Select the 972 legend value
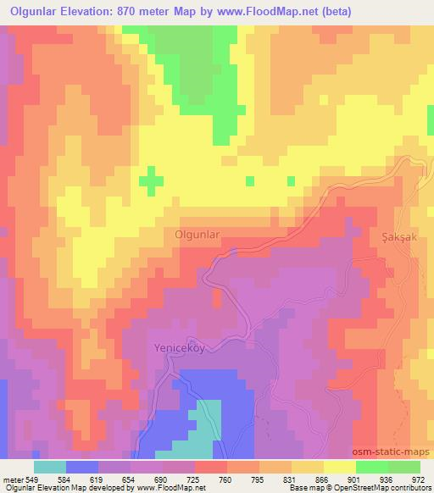419,480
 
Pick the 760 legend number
225,480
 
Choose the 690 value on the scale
161,480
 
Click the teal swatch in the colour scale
50,468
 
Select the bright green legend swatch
372,468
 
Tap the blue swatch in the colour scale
82,468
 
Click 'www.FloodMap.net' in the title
264,12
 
